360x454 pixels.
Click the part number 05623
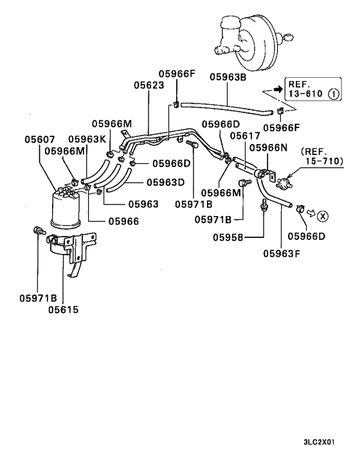(x=149, y=85)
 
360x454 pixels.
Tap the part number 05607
(x=40, y=139)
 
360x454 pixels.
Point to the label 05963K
(x=87, y=139)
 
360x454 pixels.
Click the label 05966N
(x=269, y=147)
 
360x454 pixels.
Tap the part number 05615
(x=63, y=309)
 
